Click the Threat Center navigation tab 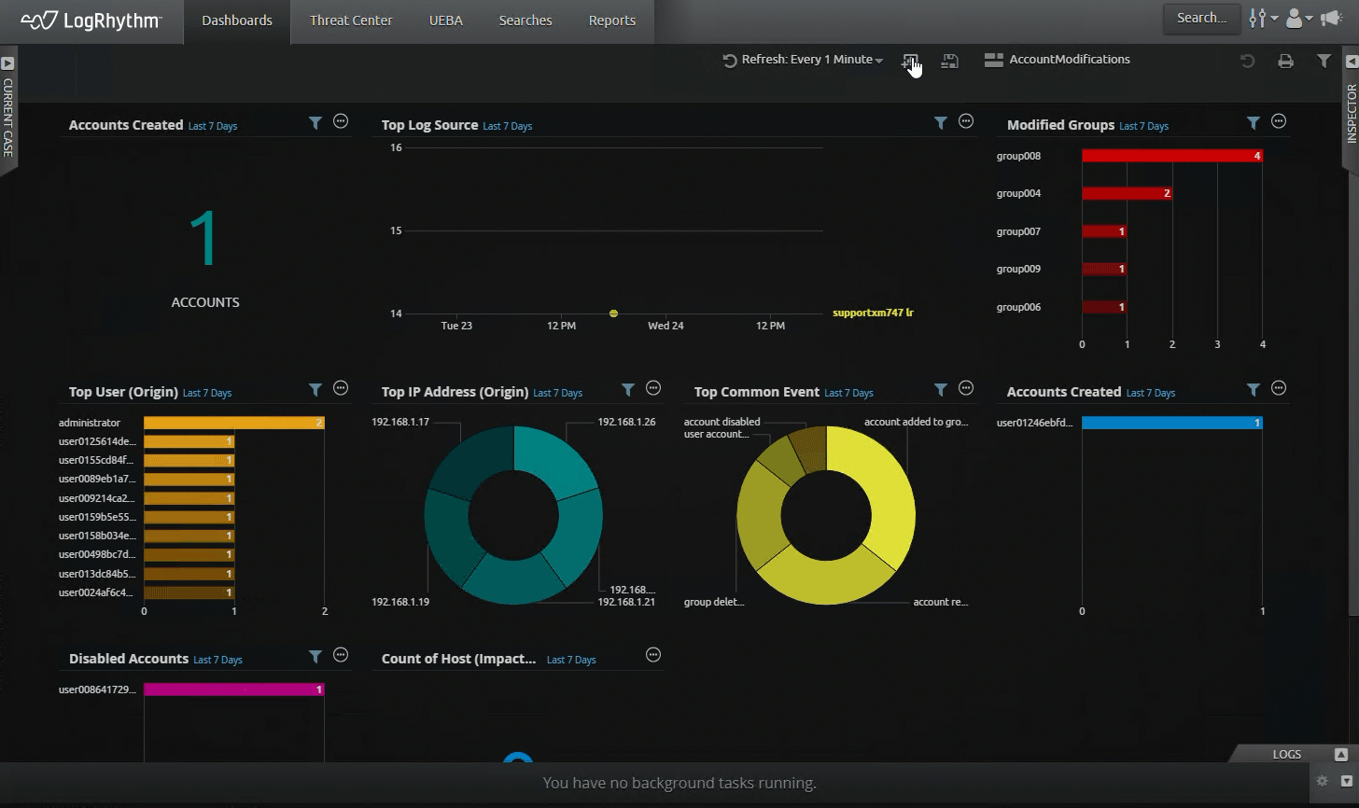pos(351,21)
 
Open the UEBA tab pos(445,21)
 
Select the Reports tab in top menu pos(611,21)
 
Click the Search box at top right pos(1201,18)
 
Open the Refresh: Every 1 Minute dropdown pos(803,60)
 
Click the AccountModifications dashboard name pos(1069,60)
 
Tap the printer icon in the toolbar pos(1285,61)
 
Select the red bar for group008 pos(1171,156)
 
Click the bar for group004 pos(1126,193)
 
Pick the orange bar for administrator pos(233,423)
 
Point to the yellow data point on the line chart pos(613,313)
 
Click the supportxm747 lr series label pos(873,313)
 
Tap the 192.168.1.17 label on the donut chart pos(400,422)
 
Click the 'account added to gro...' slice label pos(915,422)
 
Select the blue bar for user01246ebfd pos(1171,423)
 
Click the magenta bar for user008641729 pos(233,690)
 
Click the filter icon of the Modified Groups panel pos(1254,122)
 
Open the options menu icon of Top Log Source pos(966,121)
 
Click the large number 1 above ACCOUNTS pos(204,238)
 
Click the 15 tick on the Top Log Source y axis pos(396,230)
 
